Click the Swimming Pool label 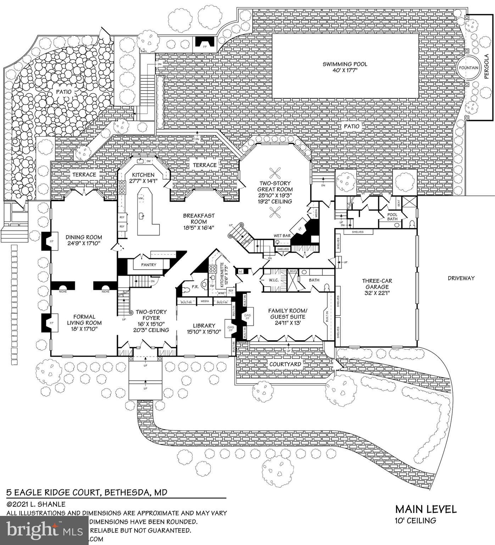[345, 67]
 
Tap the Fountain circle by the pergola [468, 67]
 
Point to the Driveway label [461, 278]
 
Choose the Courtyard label [285, 364]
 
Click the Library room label [204, 329]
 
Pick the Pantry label [149, 265]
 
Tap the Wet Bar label [282, 236]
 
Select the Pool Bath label [392, 217]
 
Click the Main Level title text [426, 509]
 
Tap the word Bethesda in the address [127, 492]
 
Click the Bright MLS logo [44, 531]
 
